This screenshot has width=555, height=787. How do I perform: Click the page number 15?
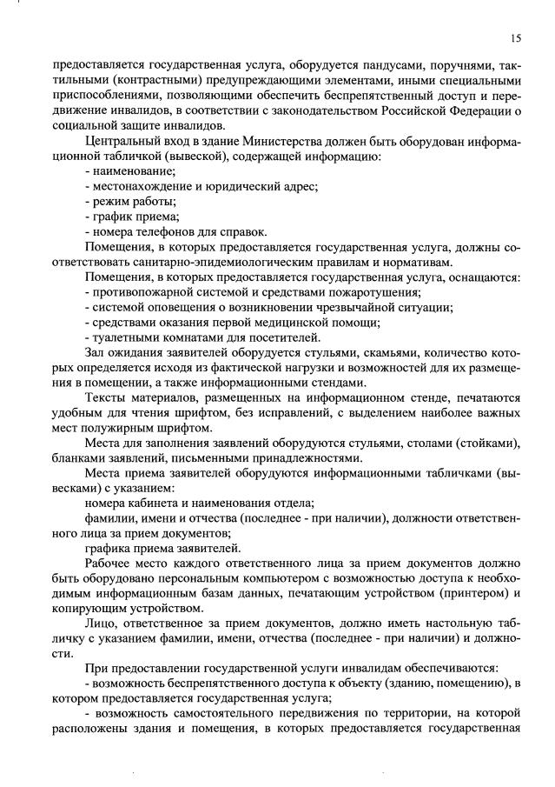[x=515, y=38]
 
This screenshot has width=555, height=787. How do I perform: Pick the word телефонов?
[x=168, y=232]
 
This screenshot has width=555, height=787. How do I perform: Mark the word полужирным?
[x=120, y=428]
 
